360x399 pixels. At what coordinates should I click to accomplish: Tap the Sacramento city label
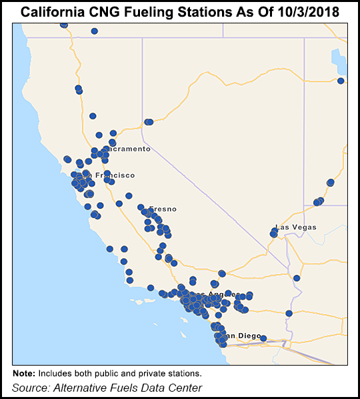point(129,149)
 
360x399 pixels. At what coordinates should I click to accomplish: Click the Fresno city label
point(163,209)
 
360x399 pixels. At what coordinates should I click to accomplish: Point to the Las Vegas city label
point(296,227)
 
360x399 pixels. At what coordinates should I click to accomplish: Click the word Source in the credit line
point(30,388)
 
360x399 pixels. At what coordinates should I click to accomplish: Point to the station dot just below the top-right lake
point(341,81)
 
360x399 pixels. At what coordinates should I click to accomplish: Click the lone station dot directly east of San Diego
point(263,338)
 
